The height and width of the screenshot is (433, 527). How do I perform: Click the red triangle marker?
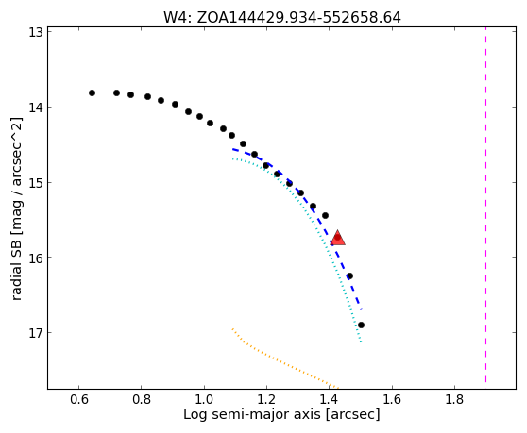(x=338, y=238)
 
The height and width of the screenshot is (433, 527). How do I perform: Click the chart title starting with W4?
(x=282, y=18)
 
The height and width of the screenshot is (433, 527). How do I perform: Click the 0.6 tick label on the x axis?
(x=79, y=399)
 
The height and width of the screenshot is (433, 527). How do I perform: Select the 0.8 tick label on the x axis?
(x=142, y=399)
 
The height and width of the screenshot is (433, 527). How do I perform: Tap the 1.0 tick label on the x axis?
(x=204, y=399)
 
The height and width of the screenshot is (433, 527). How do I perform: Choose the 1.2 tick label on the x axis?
(x=266, y=399)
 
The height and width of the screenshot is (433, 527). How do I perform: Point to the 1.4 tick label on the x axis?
(x=329, y=399)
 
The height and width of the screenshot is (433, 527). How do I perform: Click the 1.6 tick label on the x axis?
(x=392, y=399)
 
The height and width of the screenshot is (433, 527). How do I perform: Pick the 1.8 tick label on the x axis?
(x=454, y=399)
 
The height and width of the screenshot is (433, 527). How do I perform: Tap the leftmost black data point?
(x=93, y=93)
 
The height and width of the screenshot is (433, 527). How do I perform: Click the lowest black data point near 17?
(x=362, y=325)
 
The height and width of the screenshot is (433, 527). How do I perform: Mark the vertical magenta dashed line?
(x=486, y=205)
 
